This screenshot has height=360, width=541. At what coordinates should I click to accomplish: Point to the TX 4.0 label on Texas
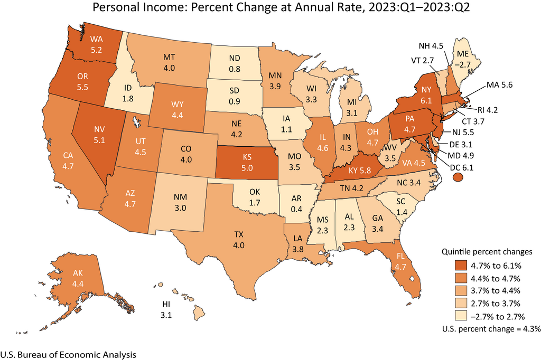click(x=238, y=240)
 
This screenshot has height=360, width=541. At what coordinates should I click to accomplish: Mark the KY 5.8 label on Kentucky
click(x=356, y=172)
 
